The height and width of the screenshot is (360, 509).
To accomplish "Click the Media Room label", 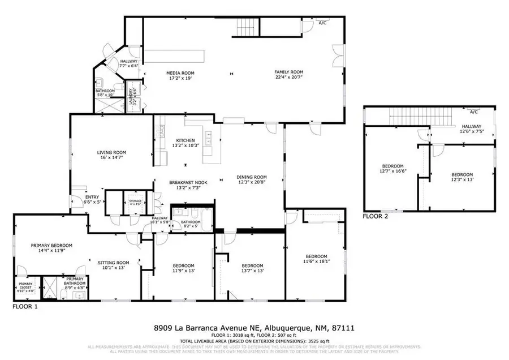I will click(177, 72).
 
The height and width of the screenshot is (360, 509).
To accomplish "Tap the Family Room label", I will click(289, 72).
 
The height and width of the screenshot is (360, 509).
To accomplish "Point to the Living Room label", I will click(112, 152).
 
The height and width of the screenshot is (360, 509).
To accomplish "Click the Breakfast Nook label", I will click(185, 182).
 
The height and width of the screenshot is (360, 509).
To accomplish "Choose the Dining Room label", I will click(251, 177).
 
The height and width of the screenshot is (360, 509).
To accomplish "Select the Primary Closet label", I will click(25, 285).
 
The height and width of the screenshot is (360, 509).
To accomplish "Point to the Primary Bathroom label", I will click(75, 280).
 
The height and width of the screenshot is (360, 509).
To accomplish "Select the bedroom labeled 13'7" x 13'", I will click(252, 265).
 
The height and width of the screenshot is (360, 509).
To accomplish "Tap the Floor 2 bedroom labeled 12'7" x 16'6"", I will click(393, 166).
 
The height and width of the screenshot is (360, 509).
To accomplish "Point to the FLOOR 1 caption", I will click(25, 306).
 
